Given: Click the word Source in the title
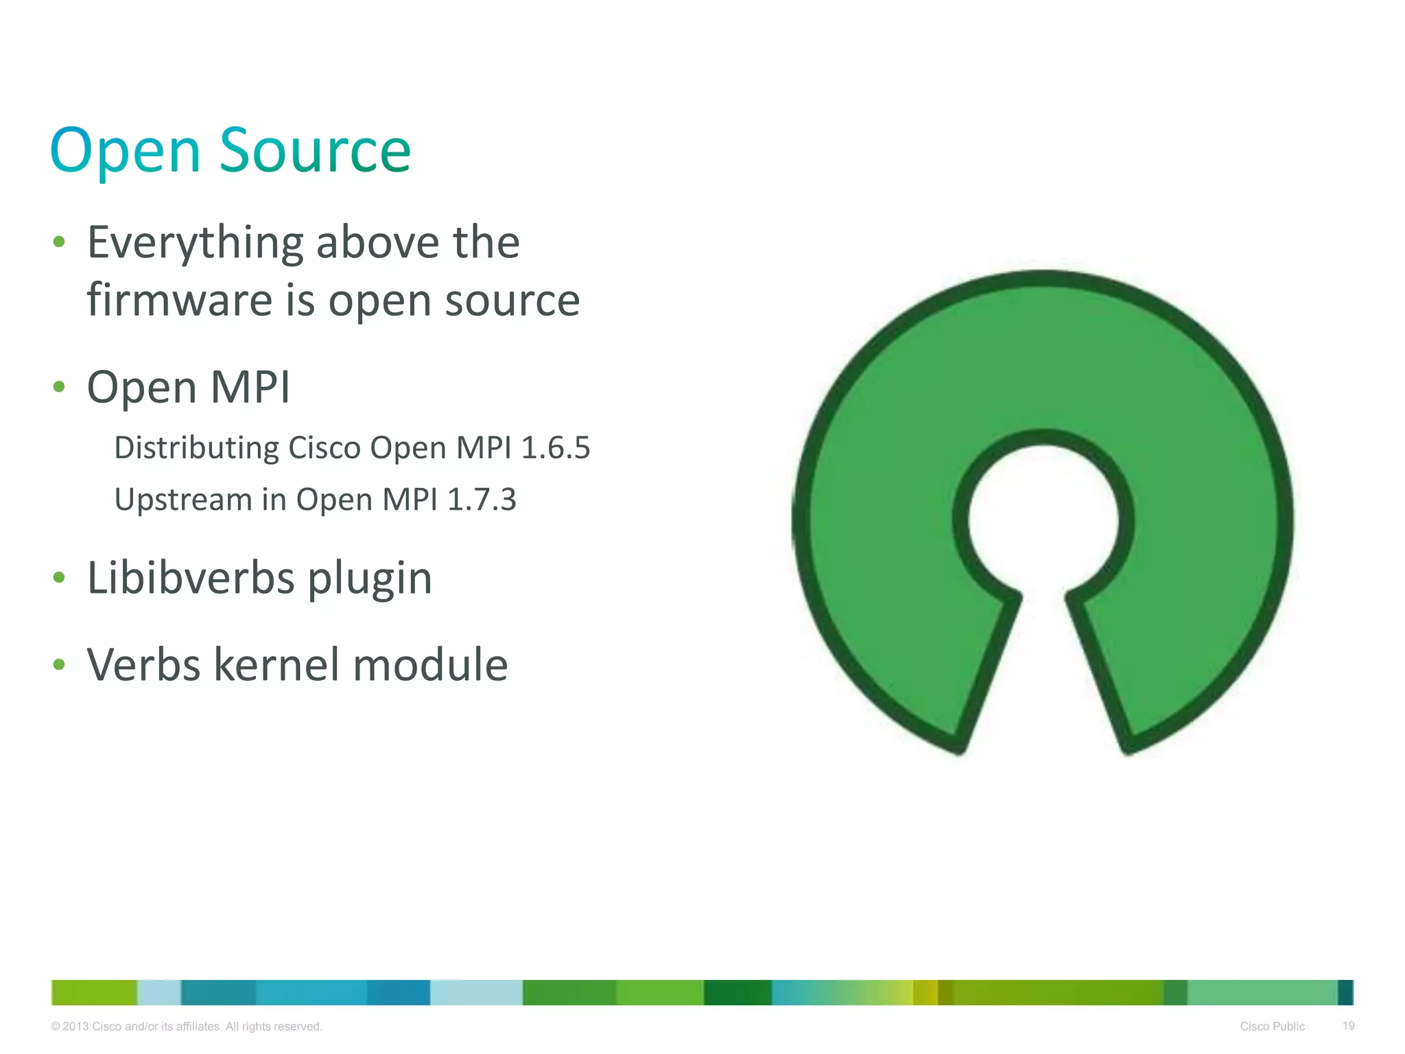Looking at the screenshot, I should tap(315, 150).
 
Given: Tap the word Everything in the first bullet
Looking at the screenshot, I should tap(196, 244).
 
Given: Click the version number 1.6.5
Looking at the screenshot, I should tap(556, 447).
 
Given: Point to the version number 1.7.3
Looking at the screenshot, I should tap(482, 500).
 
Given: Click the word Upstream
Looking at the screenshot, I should tap(183, 500).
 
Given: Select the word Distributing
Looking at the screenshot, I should tap(196, 448).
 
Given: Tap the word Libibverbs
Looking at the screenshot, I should tap(191, 578).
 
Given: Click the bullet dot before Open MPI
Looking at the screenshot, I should tap(59, 387).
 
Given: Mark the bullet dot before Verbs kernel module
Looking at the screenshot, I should tap(59, 664).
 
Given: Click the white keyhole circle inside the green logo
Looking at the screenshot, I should tap(1043, 520).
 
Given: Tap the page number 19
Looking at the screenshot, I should tap(1348, 1026).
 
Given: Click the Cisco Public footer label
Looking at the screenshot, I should tap(1272, 1027).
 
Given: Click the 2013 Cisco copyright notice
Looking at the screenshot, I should tap(187, 1027).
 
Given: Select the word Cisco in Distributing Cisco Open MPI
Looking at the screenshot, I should tap(324, 447).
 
